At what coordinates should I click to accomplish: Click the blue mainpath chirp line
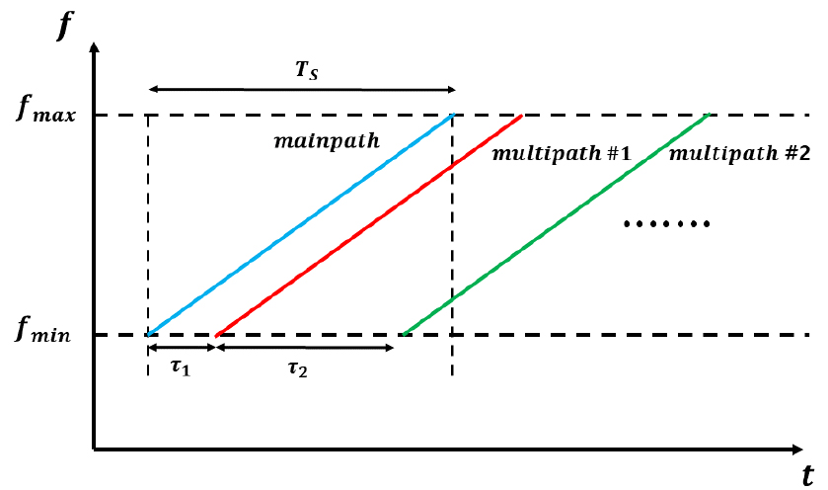[300, 224]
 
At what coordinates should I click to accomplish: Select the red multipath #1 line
[369, 225]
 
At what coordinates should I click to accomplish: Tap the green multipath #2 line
[557, 224]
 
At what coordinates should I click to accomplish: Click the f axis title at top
[63, 26]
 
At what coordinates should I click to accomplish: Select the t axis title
[807, 475]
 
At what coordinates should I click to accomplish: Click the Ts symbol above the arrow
[307, 70]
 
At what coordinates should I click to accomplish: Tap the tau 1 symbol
[181, 367]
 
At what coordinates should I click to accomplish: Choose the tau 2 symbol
[298, 368]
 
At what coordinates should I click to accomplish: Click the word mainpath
[327, 141]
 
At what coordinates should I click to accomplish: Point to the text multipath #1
[562, 153]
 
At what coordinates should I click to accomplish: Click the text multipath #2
[739, 153]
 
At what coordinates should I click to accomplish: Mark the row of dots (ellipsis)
[667, 224]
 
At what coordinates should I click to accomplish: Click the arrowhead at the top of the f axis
[95, 47]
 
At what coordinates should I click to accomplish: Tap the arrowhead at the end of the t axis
[796, 449]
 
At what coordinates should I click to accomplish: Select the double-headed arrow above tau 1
[182, 348]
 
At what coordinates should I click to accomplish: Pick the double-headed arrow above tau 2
[305, 348]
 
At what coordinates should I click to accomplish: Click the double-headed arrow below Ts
[302, 89]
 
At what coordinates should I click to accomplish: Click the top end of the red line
[522, 115]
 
